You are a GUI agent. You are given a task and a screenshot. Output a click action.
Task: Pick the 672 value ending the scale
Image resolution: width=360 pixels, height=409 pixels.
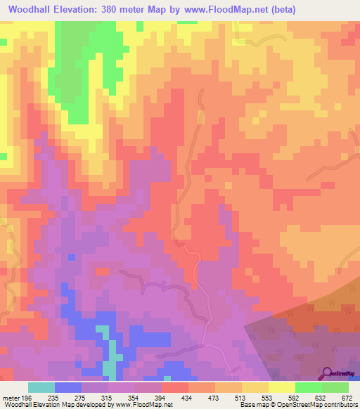point(347,397)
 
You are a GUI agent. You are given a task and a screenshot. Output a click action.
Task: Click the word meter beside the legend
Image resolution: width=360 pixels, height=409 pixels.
point(10,397)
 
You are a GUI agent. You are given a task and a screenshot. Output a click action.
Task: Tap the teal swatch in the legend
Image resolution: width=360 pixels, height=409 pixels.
point(41,387)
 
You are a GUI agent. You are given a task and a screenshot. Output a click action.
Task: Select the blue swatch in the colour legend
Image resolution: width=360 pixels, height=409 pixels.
point(68,387)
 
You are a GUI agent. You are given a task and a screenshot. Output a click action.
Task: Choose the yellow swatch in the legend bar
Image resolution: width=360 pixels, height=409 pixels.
point(281,387)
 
